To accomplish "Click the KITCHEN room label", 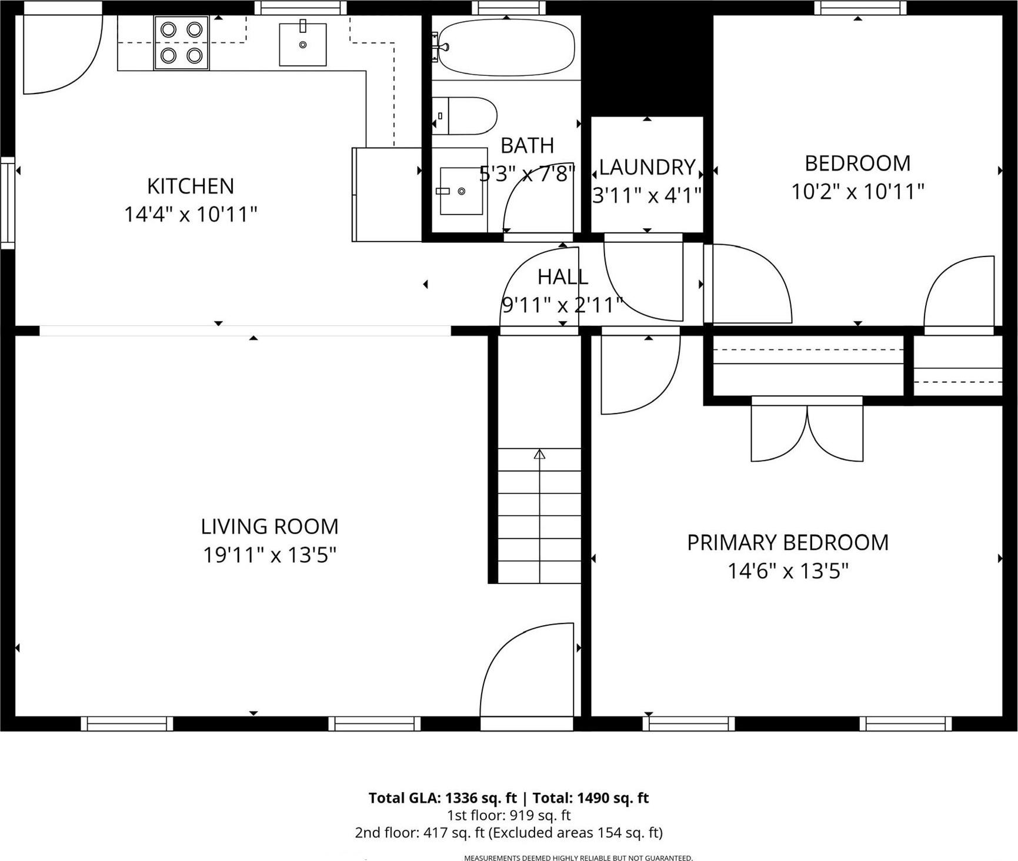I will point(191,186).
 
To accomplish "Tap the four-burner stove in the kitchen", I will point(181,42).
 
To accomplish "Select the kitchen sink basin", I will point(302,45).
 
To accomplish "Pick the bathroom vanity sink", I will point(460,191).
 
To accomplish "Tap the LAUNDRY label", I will point(647,168).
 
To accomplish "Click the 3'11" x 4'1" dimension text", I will point(647,195).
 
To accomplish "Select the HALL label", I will point(562,276).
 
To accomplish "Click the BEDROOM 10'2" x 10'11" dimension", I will point(857,192).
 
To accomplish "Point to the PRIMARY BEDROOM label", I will point(787,542).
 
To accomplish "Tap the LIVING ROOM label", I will point(269,526).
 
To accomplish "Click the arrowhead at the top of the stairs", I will point(539,454).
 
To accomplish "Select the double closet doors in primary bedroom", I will point(807,432).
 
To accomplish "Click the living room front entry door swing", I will point(526,670).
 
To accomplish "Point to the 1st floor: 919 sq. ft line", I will point(509,815).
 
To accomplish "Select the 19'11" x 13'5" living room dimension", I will point(269,555).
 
